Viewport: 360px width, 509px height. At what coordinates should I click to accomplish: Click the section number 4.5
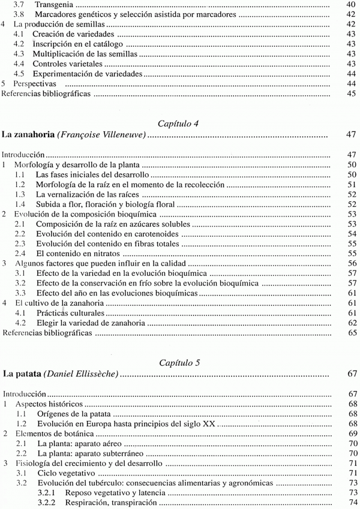20,74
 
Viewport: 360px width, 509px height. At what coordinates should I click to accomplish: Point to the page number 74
352,503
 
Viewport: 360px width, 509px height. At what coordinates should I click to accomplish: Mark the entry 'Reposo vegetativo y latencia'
107,493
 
